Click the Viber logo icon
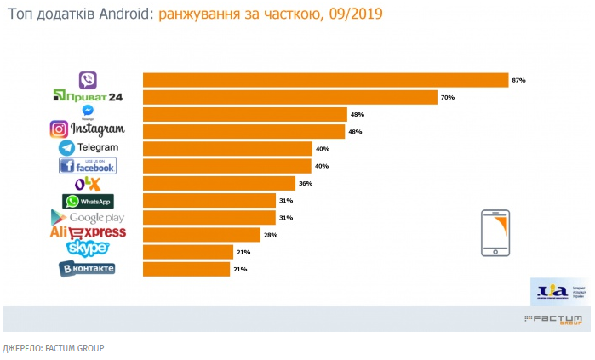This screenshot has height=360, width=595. tap(88, 80)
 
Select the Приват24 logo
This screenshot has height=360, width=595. tap(89, 97)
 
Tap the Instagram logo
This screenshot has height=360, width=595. tap(88, 129)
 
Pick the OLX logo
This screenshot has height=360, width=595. tap(88, 183)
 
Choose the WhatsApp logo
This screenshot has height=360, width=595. tap(88, 201)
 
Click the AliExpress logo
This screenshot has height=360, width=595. tap(88, 233)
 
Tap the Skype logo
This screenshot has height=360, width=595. tap(88, 249)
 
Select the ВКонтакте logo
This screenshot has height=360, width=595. tap(87, 269)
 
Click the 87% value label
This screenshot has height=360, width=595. tap(518, 80)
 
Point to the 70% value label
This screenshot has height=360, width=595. tap(448, 98)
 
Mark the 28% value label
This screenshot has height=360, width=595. tap(271, 234)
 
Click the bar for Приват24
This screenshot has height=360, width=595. tap(289, 97)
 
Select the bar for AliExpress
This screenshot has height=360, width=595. tap(202, 234)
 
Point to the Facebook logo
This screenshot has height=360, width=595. tap(88, 165)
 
